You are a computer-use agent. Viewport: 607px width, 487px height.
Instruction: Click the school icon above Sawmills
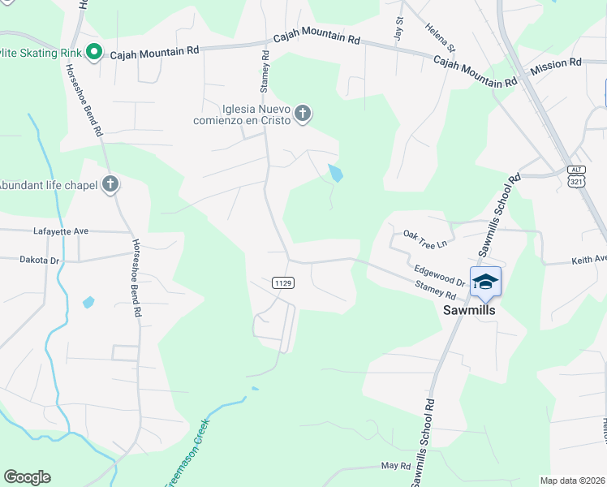pyautogui.click(x=485, y=282)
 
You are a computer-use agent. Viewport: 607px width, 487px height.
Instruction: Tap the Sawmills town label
pyautogui.click(x=469, y=310)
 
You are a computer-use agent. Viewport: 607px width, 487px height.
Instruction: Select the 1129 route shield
pyautogui.click(x=278, y=283)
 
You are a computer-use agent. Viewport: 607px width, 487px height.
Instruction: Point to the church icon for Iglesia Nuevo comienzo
pyautogui.click(x=303, y=114)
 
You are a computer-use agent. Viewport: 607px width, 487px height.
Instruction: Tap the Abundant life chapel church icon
pyautogui.click(x=110, y=185)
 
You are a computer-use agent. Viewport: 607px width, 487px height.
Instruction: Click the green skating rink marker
pyautogui.click(x=93, y=54)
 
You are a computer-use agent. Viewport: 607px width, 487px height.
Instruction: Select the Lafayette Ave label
pyautogui.click(x=60, y=231)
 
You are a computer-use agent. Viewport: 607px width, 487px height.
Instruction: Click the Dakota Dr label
pyautogui.click(x=40, y=260)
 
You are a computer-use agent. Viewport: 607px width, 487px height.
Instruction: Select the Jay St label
pyautogui.click(x=398, y=28)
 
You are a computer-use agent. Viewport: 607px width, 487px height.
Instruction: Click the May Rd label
pyautogui.click(x=395, y=466)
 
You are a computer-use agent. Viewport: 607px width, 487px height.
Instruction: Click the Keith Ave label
pyautogui.click(x=588, y=260)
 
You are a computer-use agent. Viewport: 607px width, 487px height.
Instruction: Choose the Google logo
pyautogui.click(x=27, y=477)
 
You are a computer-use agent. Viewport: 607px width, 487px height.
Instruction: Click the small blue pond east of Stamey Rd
pyautogui.click(x=335, y=173)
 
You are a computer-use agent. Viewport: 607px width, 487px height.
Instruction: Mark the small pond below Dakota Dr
pyautogui.click(x=88, y=303)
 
